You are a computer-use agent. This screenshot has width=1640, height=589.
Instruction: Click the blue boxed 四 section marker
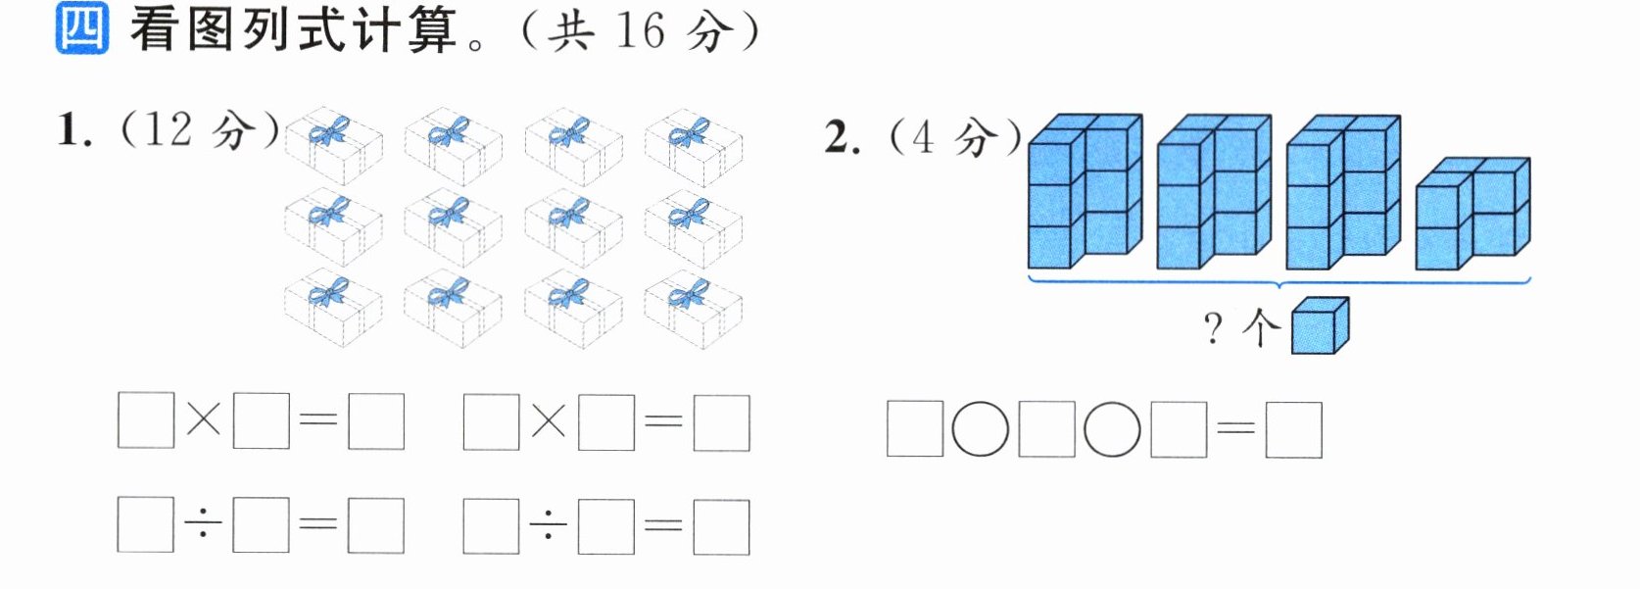click(82, 28)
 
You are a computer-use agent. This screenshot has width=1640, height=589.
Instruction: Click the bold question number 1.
click(73, 129)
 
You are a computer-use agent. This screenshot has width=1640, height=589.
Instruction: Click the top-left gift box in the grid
click(333, 146)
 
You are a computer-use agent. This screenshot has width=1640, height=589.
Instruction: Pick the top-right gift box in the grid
click(694, 147)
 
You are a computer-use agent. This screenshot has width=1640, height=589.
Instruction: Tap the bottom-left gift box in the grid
click(333, 308)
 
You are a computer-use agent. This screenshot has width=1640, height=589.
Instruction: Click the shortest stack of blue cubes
click(1472, 214)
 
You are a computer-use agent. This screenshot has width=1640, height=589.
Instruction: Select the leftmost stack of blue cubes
click(1085, 191)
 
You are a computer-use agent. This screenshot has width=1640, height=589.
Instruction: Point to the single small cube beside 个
click(1320, 325)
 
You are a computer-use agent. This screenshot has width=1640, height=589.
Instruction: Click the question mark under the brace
click(1213, 327)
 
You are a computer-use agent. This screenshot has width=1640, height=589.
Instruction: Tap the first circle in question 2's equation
click(981, 429)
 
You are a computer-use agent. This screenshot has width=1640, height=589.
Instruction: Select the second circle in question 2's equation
click(1112, 429)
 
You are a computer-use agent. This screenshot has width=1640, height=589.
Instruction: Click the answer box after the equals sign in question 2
click(1294, 430)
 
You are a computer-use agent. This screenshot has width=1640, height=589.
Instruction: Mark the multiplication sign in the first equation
click(203, 420)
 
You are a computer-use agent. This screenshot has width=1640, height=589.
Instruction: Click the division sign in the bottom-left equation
click(203, 523)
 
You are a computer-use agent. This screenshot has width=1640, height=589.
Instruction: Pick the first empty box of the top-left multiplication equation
click(146, 419)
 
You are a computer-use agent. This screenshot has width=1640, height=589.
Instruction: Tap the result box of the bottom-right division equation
click(721, 526)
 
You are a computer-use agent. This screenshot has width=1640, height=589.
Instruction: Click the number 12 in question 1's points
click(169, 129)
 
